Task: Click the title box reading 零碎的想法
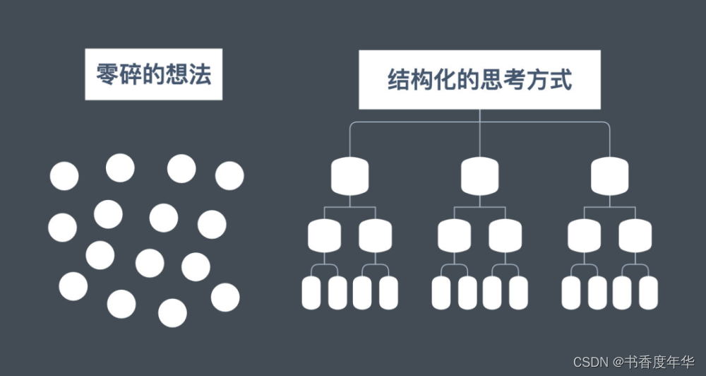click(x=153, y=74)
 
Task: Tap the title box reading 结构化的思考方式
click(x=479, y=80)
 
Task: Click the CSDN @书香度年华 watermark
click(x=634, y=362)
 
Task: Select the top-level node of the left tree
click(x=350, y=176)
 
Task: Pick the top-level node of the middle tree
click(x=479, y=176)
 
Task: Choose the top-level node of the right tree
click(x=610, y=176)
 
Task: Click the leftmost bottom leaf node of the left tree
click(x=311, y=293)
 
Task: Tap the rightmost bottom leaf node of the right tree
click(x=648, y=293)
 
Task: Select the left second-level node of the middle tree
click(x=454, y=236)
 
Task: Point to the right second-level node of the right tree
click(x=635, y=236)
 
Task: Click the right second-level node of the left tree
click(x=376, y=236)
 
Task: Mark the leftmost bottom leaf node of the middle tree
click(x=441, y=293)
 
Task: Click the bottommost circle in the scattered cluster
click(x=172, y=313)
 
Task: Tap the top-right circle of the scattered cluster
click(x=229, y=176)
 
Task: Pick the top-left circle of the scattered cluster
click(x=64, y=176)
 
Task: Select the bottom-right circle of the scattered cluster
click(x=225, y=297)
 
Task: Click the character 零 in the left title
click(x=107, y=74)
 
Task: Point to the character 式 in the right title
click(x=561, y=80)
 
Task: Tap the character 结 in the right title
click(x=399, y=80)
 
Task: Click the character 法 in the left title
click(x=200, y=74)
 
